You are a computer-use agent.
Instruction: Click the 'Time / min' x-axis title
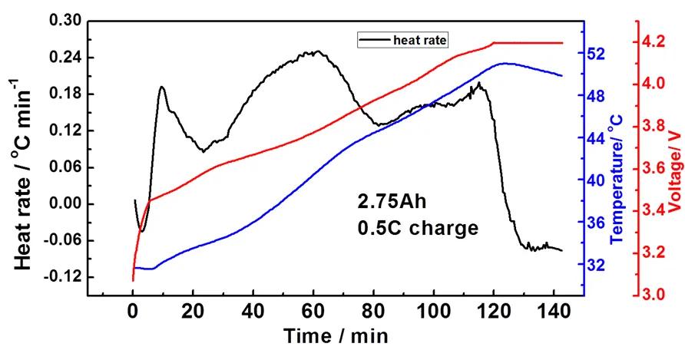pyautogui.click(x=336, y=335)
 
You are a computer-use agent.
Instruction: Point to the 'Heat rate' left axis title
pyautogui.click(x=23, y=180)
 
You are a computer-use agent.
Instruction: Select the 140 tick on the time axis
pyautogui.click(x=553, y=313)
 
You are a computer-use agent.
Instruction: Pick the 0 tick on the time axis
pyautogui.click(x=133, y=313)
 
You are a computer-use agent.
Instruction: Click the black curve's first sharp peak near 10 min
pyautogui.click(x=161, y=87)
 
